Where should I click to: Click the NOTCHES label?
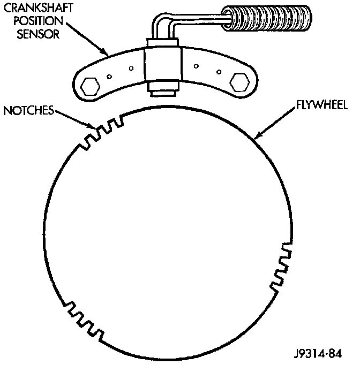tap(27, 111)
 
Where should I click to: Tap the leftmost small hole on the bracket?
tap(109, 76)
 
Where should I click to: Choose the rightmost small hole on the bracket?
tap(219, 71)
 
